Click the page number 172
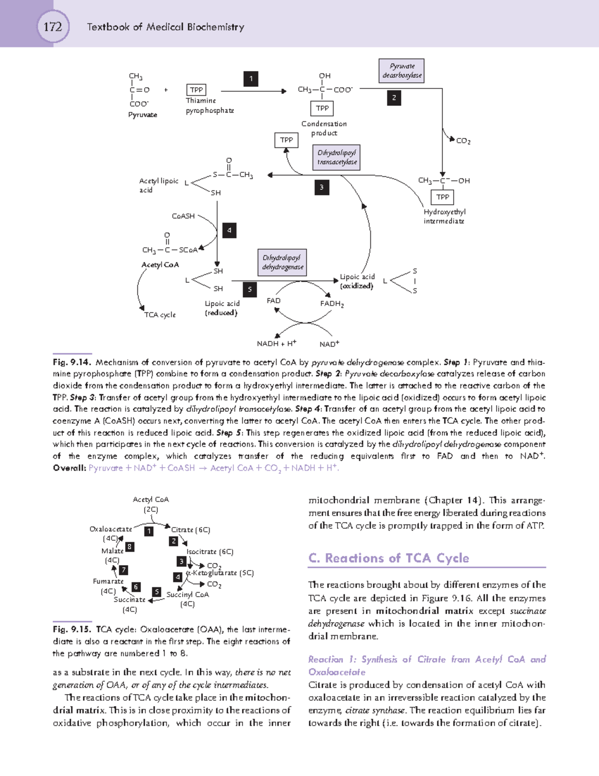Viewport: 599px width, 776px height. coord(52,26)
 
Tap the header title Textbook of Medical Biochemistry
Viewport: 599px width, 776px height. coord(165,27)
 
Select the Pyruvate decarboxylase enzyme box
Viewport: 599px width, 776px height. coord(402,70)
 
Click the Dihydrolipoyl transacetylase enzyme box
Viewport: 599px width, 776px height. coord(337,157)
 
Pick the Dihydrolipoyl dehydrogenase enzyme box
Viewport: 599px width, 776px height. coord(283,262)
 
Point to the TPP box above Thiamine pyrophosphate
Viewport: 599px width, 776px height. coord(196,90)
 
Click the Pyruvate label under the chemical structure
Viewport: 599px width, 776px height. coord(142,115)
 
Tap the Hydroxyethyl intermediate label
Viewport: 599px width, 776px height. coord(444,216)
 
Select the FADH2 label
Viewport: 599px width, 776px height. coord(332,304)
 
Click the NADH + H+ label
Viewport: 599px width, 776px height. coord(277,343)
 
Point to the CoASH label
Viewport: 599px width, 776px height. coord(183,216)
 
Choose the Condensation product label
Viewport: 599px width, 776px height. coord(324,128)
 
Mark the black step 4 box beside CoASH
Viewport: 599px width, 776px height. coord(229,230)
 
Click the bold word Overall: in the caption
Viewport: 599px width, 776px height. coord(69,468)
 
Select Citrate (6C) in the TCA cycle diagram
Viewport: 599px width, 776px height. coord(191,530)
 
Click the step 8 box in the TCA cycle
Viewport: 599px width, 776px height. coord(129,547)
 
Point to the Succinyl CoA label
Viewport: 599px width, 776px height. coord(188,595)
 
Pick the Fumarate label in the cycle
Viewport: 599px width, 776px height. coord(108,581)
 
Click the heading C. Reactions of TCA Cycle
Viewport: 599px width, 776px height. coord(389,558)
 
